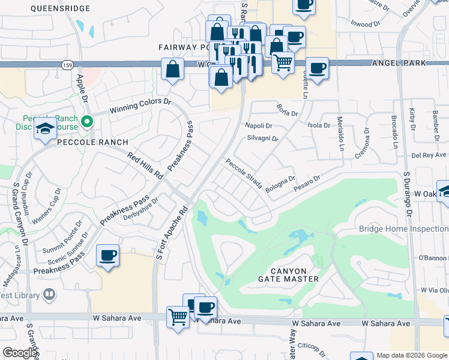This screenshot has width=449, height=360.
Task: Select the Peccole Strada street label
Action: (244, 173)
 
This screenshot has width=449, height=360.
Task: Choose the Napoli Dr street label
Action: (259, 125)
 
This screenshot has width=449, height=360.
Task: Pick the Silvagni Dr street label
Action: (262, 138)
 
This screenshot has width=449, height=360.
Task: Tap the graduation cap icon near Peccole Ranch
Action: (45, 128)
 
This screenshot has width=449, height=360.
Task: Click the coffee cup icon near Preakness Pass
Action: (108, 256)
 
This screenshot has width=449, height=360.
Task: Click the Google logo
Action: (20, 353)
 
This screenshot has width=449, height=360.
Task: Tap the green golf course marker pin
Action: (88, 122)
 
